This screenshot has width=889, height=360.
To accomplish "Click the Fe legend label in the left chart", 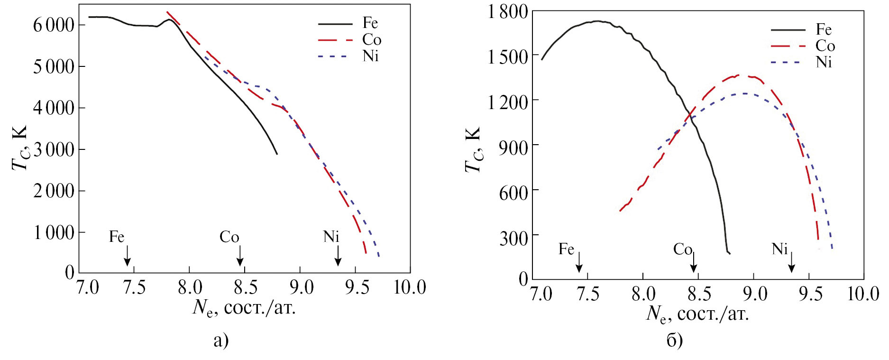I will pyautogui.click(x=370, y=23).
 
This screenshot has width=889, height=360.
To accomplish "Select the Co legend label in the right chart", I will pyautogui.click(x=825, y=46).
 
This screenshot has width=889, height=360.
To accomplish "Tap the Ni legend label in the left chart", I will pyautogui.click(x=370, y=56).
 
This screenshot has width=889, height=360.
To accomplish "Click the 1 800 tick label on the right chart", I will pyautogui.click(x=507, y=11).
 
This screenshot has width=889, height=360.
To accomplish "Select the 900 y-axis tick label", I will pyautogui.click(x=513, y=146).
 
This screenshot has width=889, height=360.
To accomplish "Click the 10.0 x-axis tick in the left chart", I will pyautogui.click(x=410, y=287).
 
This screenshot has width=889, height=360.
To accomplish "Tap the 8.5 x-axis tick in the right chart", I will pyautogui.click(x=698, y=294).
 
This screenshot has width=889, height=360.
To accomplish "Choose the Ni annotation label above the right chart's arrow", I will pyautogui.click(x=779, y=249).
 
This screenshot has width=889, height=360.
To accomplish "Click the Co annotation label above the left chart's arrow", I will pyautogui.click(x=229, y=237).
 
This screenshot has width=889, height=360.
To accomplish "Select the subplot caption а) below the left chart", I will pyautogui.click(x=221, y=340).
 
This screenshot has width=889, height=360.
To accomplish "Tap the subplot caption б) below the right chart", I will pyautogui.click(x=674, y=340).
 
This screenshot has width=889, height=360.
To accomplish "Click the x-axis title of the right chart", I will pyautogui.click(x=697, y=314).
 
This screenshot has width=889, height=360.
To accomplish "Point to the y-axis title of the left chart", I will pyautogui.click(x=20, y=148).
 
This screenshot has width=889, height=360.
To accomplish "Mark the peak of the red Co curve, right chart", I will pyautogui.click(x=740, y=75).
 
